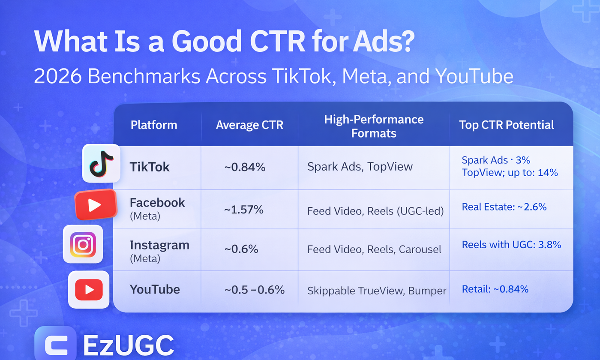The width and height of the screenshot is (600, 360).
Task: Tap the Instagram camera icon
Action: point(83,244)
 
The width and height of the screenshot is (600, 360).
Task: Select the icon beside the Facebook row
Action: point(96,204)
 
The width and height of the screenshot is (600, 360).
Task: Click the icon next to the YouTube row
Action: point(89,290)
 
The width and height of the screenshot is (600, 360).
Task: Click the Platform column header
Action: point(154,125)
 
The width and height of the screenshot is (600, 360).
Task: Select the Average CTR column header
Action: point(249,125)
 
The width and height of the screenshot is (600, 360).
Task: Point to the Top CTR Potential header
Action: point(507,125)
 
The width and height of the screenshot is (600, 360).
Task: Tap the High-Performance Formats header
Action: point(374,126)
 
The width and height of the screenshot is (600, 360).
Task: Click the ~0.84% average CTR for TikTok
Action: point(245,168)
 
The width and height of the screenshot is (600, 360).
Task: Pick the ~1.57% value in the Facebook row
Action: point(244,210)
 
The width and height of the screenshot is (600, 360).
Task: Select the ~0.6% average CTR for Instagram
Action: point(241,249)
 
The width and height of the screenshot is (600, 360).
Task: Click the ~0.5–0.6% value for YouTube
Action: point(254,290)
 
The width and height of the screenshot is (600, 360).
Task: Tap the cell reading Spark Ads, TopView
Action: point(360,167)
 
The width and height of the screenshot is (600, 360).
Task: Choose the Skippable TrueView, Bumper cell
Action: point(377,291)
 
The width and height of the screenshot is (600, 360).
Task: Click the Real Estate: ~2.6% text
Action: point(504,207)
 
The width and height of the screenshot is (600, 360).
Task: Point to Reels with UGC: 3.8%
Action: point(511,245)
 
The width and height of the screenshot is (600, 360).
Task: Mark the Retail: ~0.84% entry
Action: point(495,289)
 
